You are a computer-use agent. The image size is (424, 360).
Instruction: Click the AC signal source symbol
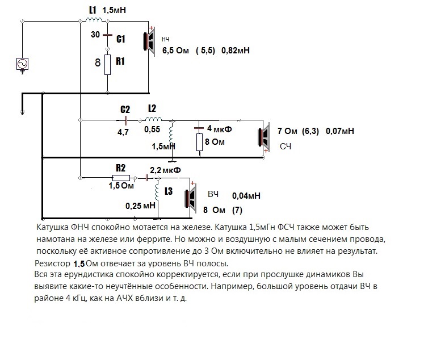point(22,64)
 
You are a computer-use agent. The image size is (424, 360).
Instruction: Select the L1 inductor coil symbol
point(94,19)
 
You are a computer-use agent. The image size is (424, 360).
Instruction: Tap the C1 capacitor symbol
point(108,35)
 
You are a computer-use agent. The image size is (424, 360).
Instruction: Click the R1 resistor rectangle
point(108,65)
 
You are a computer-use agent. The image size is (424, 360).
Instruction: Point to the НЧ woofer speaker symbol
point(149,41)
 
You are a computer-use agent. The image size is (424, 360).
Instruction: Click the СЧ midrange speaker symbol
point(264,137)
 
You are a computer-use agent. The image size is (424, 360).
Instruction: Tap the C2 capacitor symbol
point(126,120)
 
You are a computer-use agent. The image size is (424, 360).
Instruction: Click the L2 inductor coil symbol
point(154,119)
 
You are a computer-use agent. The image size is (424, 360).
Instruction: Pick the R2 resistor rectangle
point(121,178)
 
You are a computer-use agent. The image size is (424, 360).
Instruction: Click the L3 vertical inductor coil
point(157,191)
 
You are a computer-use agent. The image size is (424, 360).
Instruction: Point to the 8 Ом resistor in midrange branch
point(200,142)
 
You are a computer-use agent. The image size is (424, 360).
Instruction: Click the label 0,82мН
point(236,51)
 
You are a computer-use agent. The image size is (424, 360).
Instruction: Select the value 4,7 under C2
point(123,132)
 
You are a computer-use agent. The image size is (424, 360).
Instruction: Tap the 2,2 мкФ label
point(165,170)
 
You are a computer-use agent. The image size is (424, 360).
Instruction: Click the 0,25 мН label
point(140,206)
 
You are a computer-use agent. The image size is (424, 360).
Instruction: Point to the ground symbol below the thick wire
point(23,112)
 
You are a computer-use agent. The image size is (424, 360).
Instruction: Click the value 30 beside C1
point(95,34)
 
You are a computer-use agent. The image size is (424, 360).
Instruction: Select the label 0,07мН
point(340,131)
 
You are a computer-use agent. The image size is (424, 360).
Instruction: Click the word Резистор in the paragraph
point(52,263)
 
